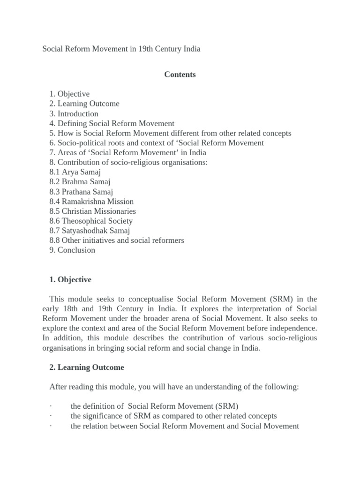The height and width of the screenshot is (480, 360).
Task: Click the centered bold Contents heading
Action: tap(180, 75)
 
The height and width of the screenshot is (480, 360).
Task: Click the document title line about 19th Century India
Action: tap(121, 49)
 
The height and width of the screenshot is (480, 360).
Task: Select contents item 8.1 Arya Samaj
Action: tap(75, 172)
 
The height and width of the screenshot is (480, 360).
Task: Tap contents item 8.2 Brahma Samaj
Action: tap(80, 182)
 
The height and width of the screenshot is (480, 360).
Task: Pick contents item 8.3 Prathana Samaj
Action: tap(81, 192)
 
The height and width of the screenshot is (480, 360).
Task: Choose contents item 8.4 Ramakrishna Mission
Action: tap(91, 202)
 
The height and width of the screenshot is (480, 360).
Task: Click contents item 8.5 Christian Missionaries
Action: tap(92, 211)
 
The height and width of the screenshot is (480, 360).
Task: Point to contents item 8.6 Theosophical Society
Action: tap(91, 221)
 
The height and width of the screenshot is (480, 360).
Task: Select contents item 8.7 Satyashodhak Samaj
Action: tap(90, 231)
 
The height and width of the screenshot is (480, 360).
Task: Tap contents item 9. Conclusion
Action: tap(72, 250)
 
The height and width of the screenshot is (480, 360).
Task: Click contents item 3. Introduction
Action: tap(74, 114)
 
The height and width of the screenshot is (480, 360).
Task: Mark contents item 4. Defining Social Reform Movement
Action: tap(112, 124)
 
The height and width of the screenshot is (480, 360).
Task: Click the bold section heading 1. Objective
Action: tap(70, 280)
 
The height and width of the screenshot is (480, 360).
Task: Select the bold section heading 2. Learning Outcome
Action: tap(87, 367)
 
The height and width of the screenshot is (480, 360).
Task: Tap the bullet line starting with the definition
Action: tap(154, 406)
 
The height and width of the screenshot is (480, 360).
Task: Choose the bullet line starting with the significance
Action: tap(173, 416)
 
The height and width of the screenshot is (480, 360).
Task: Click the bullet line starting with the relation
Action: tap(185, 426)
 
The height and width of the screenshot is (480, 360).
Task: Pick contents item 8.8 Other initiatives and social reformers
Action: tap(117, 240)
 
